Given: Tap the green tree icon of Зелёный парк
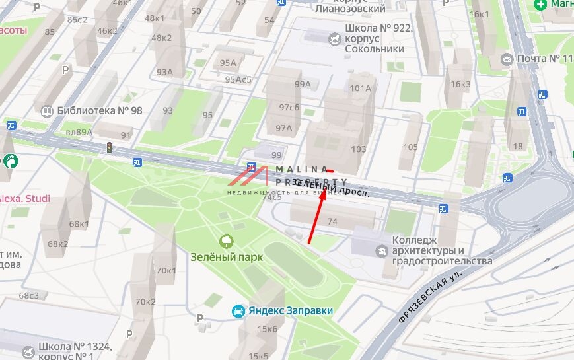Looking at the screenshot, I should tap(227, 242).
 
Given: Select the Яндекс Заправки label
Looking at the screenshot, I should tap(291, 310).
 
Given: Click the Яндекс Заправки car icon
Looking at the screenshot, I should tap(238, 310).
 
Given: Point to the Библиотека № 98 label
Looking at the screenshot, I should tap(100, 110).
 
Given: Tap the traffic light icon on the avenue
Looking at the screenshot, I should tap(110, 148).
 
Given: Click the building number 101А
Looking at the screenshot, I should tap(360, 88).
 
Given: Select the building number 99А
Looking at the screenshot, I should tap(303, 84).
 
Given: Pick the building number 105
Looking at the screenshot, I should tap(410, 147).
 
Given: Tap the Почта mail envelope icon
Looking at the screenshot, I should tap(507, 59).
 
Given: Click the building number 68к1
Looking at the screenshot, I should tap(79, 224).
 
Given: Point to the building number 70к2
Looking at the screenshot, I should tap(145, 302).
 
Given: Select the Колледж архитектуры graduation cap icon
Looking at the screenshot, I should tap(381, 251).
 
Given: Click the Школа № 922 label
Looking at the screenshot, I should tap(378, 29).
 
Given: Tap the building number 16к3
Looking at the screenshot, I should tap(460, 84).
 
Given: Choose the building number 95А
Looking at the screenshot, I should tap(228, 63).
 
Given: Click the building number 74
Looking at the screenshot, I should tap(332, 222).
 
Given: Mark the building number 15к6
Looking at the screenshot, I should tap(268, 329).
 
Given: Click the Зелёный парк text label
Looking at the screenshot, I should tap(223, 257).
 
